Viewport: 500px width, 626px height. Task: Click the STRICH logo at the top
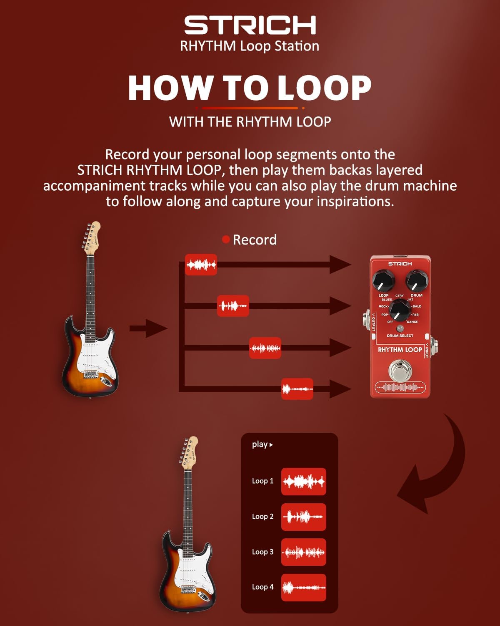pyautogui.click(x=250, y=25)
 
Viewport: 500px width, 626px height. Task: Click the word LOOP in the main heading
pyautogui.click(x=324, y=88)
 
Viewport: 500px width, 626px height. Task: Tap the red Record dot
pyautogui.click(x=226, y=239)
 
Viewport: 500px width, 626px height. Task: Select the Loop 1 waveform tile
pyautogui.click(x=303, y=481)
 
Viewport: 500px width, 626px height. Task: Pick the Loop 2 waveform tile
pyautogui.click(x=303, y=517)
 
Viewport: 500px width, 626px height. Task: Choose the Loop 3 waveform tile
pyautogui.click(x=303, y=552)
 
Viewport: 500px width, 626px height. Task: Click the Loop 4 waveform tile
pyautogui.click(x=303, y=587)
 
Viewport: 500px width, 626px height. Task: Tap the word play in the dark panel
pyautogui.click(x=260, y=444)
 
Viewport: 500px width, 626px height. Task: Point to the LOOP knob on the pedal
pyautogui.click(x=383, y=281)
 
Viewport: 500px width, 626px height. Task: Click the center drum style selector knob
pyautogui.click(x=400, y=310)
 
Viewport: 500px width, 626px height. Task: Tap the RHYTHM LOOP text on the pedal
pyautogui.click(x=400, y=350)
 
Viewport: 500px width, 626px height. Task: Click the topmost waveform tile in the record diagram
pyautogui.click(x=201, y=265)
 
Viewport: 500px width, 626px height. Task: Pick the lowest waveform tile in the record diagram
pyautogui.click(x=297, y=389)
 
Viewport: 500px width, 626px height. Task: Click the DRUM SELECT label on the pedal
pyautogui.click(x=400, y=336)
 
